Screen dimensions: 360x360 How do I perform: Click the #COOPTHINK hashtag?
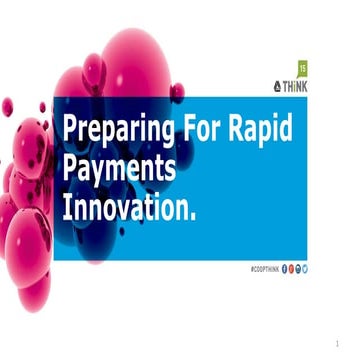click(x=265, y=269)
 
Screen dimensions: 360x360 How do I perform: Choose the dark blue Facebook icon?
click(x=285, y=269)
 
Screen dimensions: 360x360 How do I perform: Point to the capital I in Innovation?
click(x=68, y=207)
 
